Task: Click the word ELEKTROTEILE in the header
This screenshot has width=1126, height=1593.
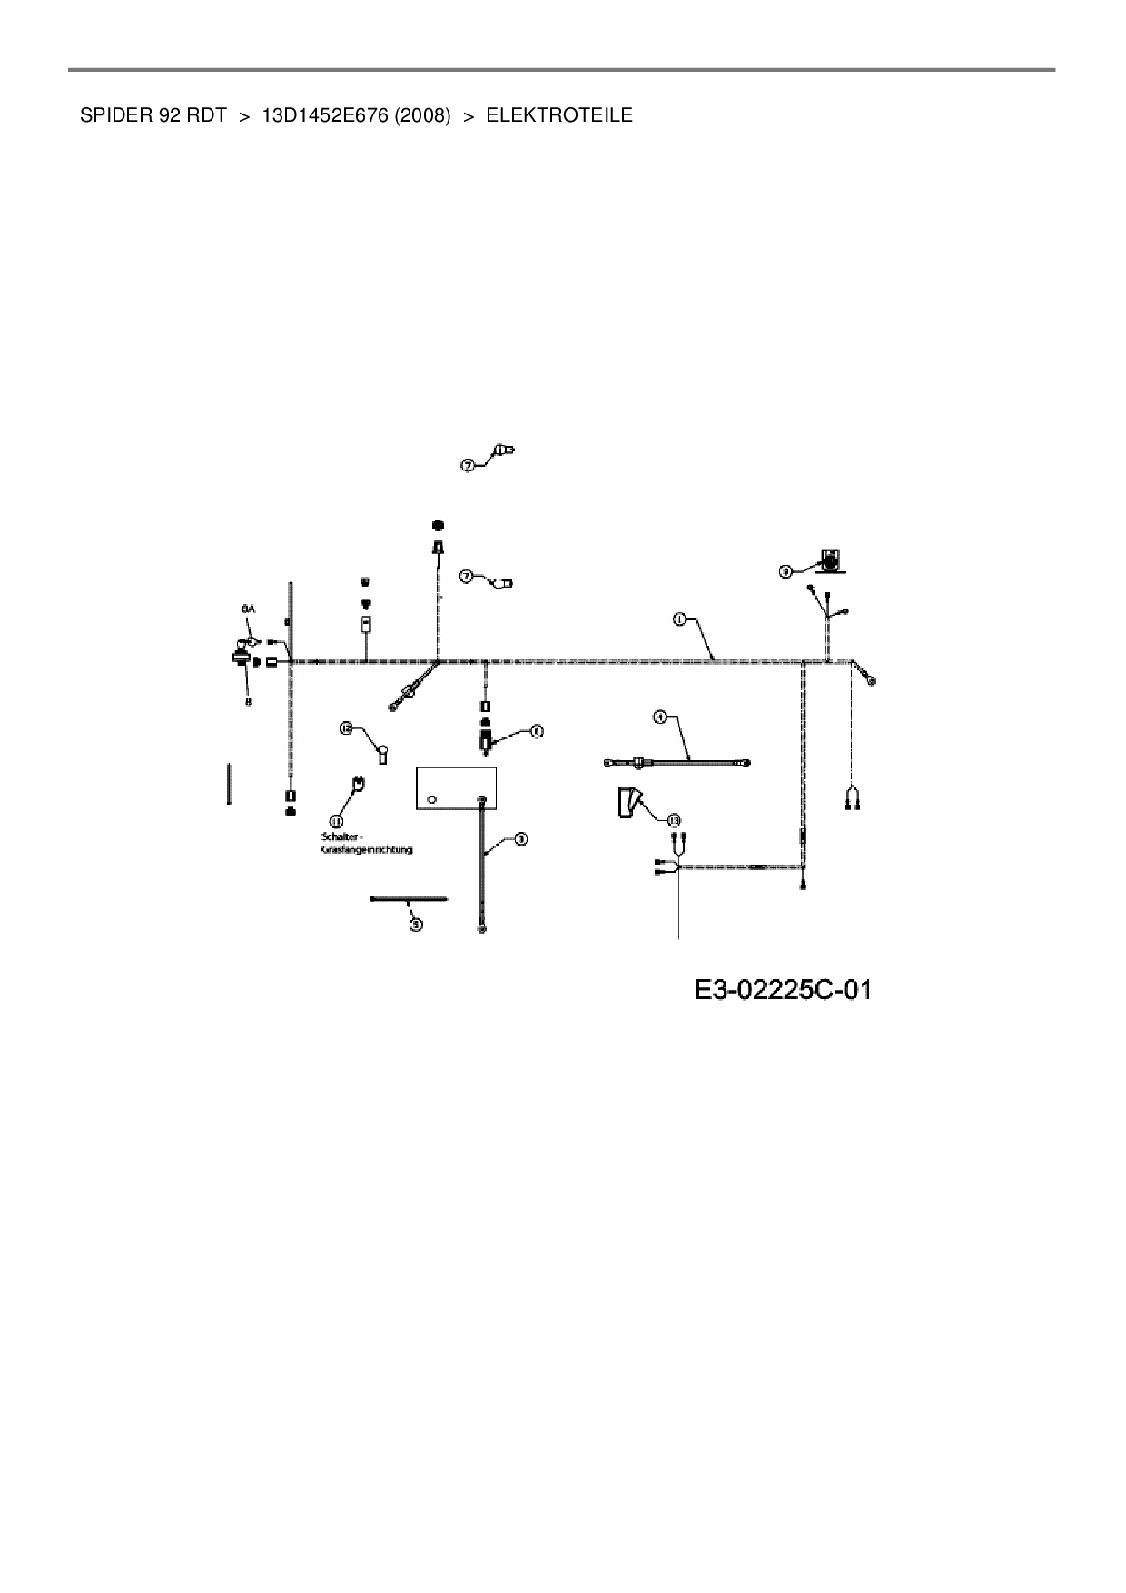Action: tap(559, 115)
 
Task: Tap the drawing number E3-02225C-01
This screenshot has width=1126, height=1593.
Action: tap(783, 988)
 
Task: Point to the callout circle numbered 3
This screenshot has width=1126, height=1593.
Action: tap(520, 839)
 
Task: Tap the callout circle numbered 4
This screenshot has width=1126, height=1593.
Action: tap(661, 717)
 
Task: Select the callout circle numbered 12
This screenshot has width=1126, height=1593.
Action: tap(346, 727)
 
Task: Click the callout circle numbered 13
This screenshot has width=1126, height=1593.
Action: tap(674, 819)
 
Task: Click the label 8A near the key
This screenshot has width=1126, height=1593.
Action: tap(248, 608)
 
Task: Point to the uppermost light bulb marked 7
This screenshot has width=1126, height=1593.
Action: tap(503, 449)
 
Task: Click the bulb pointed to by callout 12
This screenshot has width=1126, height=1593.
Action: tap(384, 752)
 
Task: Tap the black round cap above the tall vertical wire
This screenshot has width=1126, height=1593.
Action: tap(437, 526)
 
